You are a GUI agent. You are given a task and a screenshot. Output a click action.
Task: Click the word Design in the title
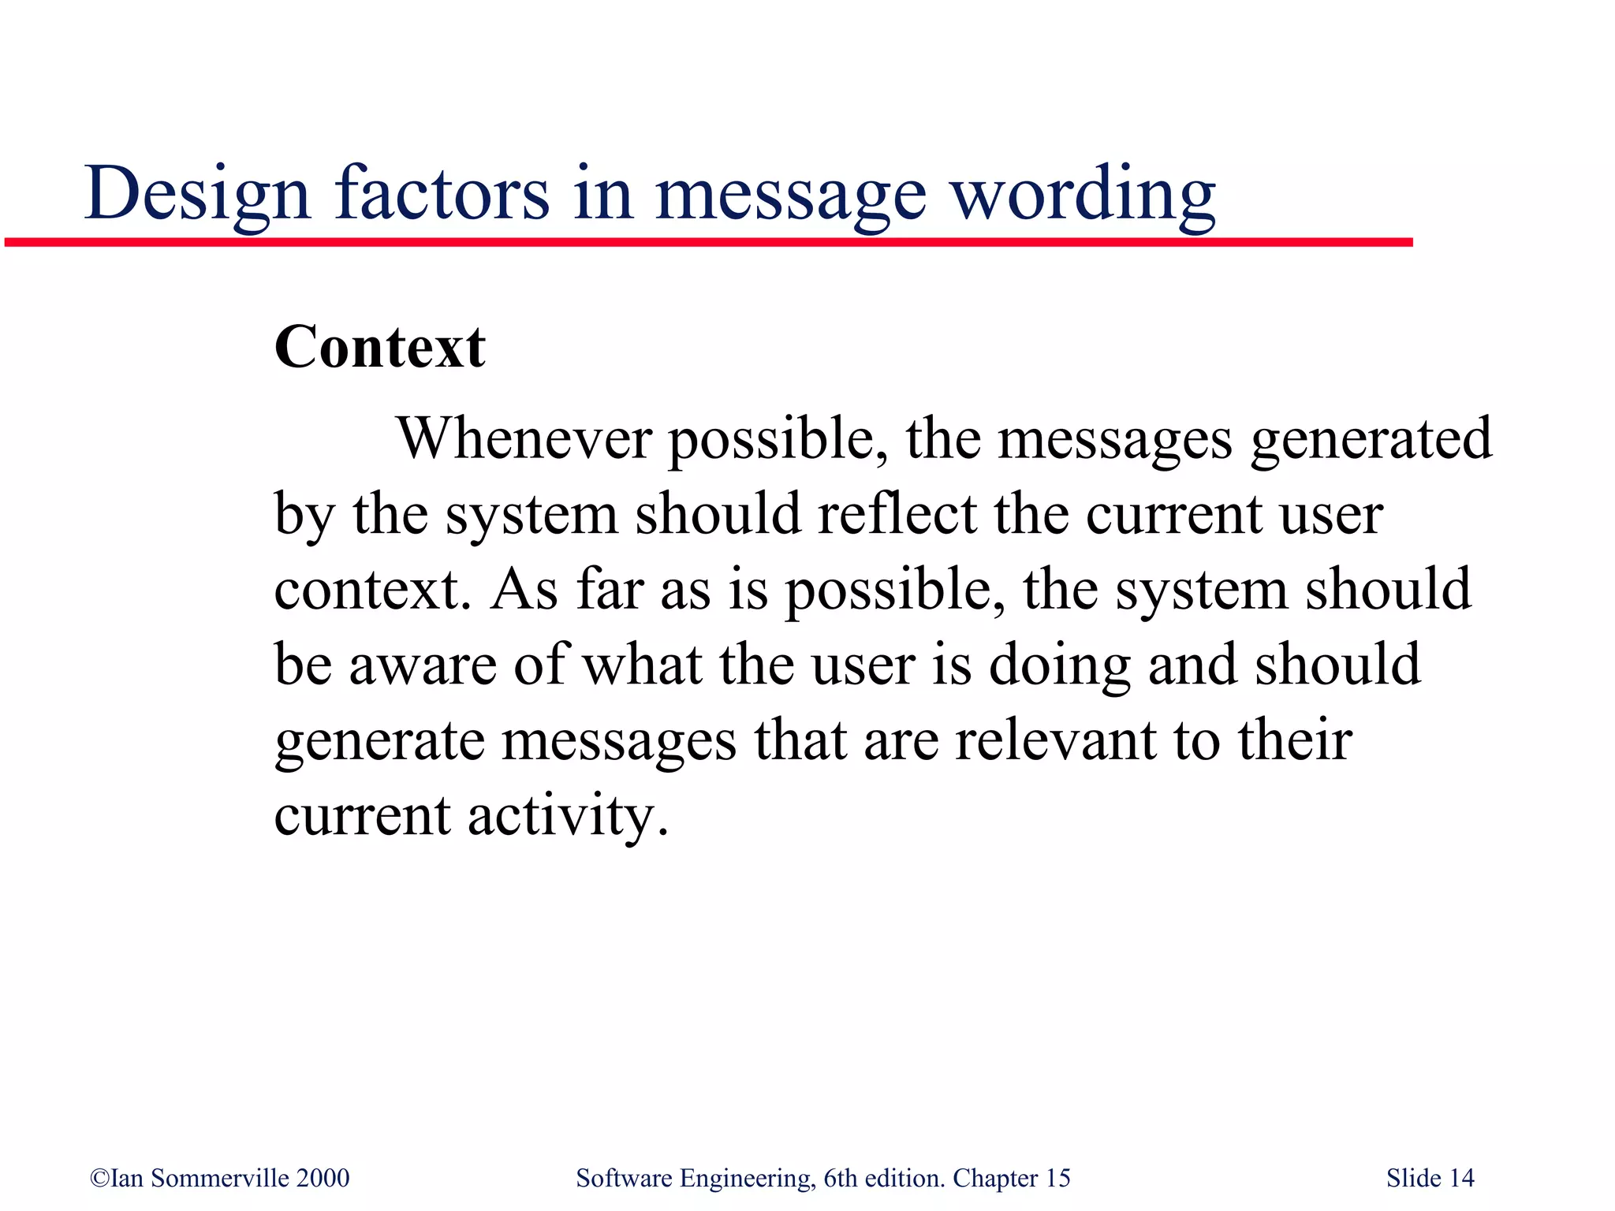(197, 194)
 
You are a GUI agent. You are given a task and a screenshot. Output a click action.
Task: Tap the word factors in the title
(442, 192)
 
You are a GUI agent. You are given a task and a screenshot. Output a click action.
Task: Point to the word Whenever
(524, 438)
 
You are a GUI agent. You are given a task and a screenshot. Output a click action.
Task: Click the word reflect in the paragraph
(897, 514)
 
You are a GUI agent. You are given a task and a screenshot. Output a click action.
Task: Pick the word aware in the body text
(423, 665)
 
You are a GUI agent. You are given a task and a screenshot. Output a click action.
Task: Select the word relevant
(1055, 740)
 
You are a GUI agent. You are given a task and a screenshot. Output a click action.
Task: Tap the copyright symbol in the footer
(99, 1178)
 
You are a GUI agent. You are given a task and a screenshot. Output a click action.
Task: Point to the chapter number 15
(1057, 1178)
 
